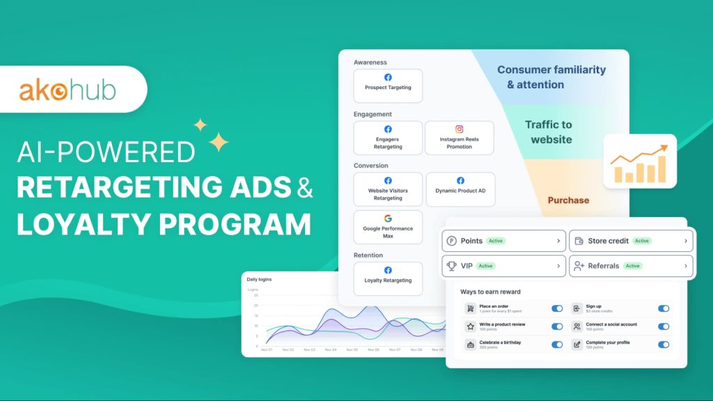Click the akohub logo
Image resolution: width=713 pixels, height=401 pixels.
pyautogui.click(x=67, y=91)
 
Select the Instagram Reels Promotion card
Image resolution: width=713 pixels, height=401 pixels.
pyautogui.click(x=459, y=138)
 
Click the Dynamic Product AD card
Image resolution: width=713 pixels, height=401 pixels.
pyautogui.click(x=460, y=189)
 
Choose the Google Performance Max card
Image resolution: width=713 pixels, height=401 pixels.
pyautogui.click(x=388, y=227)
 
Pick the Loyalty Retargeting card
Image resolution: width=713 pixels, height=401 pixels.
pyautogui.click(x=388, y=278)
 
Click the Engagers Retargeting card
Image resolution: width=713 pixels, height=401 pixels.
pyautogui.click(x=388, y=138)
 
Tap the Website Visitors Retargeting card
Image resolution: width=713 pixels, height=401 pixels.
pyautogui.click(x=388, y=189)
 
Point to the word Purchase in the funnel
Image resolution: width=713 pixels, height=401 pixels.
pyautogui.click(x=568, y=200)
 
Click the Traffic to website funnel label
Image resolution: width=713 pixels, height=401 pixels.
pyautogui.click(x=548, y=132)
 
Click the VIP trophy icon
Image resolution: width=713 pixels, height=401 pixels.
pyautogui.click(x=451, y=266)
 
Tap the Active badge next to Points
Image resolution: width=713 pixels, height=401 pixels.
pyautogui.click(x=495, y=241)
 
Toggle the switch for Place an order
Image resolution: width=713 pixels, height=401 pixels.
pyautogui.click(x=557, y=308)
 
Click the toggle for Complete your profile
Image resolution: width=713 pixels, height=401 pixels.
pyautogui.click(x=664, y=345)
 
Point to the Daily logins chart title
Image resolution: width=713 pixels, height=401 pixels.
pyautogui.click(x=259, y=279)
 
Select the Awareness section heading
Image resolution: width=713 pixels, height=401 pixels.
pyautogui.click(x=370, y=63)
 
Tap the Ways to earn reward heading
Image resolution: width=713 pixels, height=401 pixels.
pyautogui.click(x=490, y=292)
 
